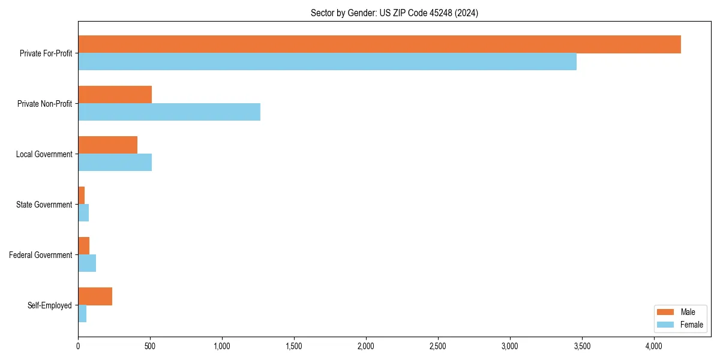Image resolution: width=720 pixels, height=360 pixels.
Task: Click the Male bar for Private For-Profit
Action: pos(379,44)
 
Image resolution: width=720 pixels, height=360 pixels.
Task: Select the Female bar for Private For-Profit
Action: pos(327,62)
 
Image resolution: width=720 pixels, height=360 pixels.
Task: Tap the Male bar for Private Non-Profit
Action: pos(115,95)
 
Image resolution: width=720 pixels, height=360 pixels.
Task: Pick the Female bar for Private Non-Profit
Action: pos(169,112)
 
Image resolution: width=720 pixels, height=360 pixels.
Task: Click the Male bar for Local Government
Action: pos(107,145)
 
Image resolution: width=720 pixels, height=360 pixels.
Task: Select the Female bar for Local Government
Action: pos(115,163)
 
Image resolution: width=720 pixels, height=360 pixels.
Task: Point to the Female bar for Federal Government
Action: pos(87,263)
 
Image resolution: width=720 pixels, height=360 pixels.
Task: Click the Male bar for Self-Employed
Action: pos(95,296)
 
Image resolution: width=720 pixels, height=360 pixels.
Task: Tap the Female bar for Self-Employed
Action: pos(82,314)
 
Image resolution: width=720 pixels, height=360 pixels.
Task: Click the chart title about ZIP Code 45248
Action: pos(394,13)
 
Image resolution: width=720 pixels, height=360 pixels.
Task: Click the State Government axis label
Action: pos(44,205)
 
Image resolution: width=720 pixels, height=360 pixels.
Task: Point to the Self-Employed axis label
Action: pos(49,305)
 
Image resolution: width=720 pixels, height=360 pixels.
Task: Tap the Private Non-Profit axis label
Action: pos(44,104)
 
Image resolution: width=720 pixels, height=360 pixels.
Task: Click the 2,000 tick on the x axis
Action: pos(366,346)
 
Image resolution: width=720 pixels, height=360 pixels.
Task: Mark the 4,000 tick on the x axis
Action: pos(654,346)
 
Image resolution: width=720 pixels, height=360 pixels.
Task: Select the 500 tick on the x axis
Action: pos(150,346)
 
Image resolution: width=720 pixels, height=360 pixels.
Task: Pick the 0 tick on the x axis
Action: pos(78,346)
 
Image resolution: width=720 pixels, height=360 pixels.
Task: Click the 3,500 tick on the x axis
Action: pos(582,346)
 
